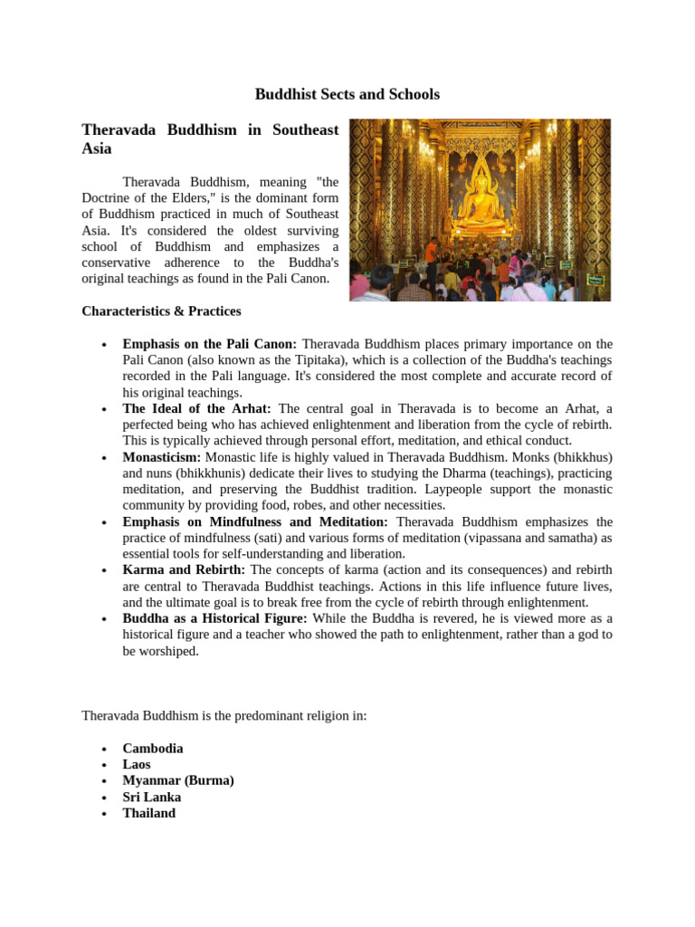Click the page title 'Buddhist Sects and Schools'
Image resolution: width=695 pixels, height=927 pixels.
(347, 94)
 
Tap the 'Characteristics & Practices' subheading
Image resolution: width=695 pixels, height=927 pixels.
(161, 311)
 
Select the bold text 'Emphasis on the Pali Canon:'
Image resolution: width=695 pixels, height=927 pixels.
(210, 344)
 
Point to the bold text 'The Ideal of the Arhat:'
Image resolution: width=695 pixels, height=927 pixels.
(196, 409)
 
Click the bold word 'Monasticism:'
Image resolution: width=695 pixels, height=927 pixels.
(162, 458)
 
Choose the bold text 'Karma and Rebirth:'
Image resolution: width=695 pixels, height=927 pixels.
(184, 570)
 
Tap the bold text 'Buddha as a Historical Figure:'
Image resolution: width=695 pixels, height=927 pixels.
(214, 618)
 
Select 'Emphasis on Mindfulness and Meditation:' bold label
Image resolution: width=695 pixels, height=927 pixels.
(255, 522)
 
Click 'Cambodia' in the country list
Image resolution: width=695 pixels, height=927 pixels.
(153, 749)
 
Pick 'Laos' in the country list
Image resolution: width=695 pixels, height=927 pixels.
(137, 765)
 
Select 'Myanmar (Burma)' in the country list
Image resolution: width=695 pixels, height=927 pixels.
(178, 780)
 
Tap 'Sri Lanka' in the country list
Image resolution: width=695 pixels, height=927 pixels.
(152, 798)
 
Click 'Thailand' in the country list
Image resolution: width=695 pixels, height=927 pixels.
(149, 813)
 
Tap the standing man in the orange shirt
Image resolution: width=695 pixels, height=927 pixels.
(432, 256)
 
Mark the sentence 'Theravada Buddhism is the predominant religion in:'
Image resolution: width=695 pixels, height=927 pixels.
(224, 715)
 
